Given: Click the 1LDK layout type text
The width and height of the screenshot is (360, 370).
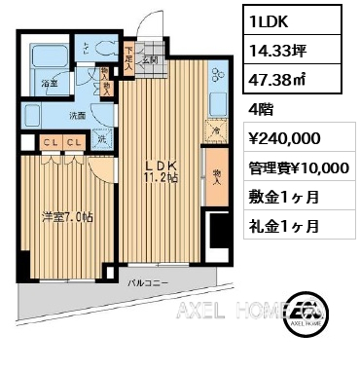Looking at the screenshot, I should [x=270, y=19].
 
